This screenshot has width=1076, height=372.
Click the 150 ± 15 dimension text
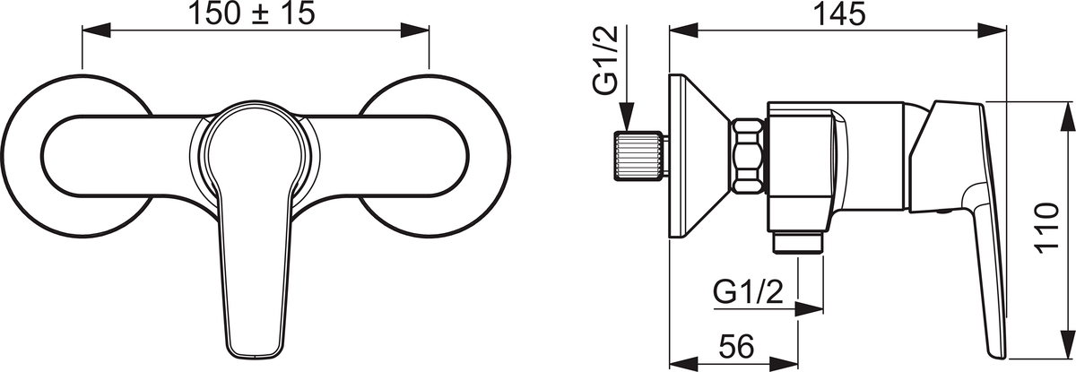coord(253,13)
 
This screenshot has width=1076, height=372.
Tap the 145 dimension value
coord(838,13)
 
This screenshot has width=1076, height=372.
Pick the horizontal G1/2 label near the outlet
coord(748,292)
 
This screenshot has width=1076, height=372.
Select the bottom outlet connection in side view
coord(797,242)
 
